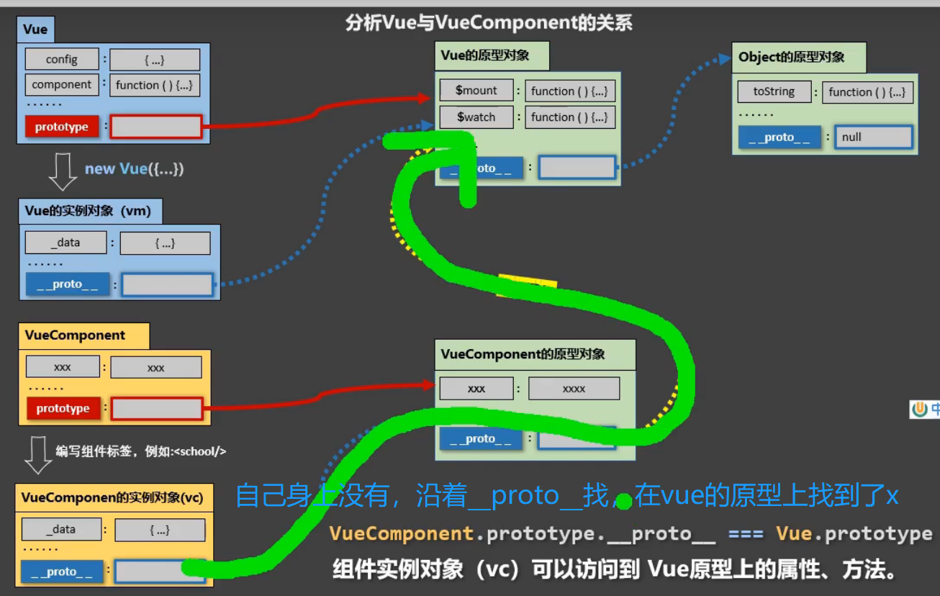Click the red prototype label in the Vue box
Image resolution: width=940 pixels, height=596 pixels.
62,127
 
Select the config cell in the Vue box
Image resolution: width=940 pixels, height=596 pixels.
62,60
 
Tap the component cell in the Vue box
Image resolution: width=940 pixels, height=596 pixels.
62,84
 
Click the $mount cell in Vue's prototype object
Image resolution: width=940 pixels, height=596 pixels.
476,91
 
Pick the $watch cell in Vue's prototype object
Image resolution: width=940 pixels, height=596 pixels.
476,117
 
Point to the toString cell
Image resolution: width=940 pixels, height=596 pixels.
774,91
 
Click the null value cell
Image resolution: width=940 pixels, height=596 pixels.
873,137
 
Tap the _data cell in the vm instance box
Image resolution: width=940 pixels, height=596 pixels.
65,243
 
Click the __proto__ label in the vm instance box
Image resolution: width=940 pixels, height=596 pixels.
67,284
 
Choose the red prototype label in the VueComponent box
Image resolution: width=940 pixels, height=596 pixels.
63,408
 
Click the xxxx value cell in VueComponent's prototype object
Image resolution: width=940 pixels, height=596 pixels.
574,389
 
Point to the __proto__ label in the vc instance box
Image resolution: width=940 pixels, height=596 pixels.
62,572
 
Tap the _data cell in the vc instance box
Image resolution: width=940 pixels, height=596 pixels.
64,529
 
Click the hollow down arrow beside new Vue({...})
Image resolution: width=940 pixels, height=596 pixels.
63,171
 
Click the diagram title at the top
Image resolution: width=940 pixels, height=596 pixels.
489,23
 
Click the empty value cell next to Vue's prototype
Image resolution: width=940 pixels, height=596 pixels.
156,127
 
